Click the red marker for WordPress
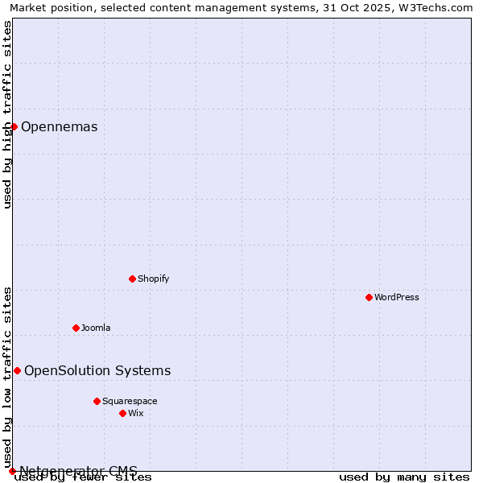pyautogui.click(x=369, y=297)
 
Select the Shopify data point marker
pyautogui.click(x=132, y=279)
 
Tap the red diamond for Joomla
pyautogui.click(x=76, y=328)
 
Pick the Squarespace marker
pyautogui.click(x=97, y=401)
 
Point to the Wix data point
pyautogui.click(x=122, y=413)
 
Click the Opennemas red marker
pyautogui.click(x=14, y=126)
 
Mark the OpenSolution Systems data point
pyautogui.click(x=17, y=370)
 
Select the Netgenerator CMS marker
pyautogui.click(x=12, y=471)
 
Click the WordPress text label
pyautogui.click(x=397, y=297)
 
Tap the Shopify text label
pyautogui.click(x=154, y=279)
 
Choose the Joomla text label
pyautogui.click(x=96, y=328)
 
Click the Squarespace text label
pyautogui.click(x=130, y=401)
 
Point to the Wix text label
pyautogui.click(x=136, y=413)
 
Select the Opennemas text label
pyautogui.click(x=60, y=126)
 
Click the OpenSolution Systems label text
pyautogui.click(x=97, y=370)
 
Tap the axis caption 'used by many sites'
pyautogui.click(x=404, y=477)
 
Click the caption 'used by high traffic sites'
pyautogui.click(x=8, y=114)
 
